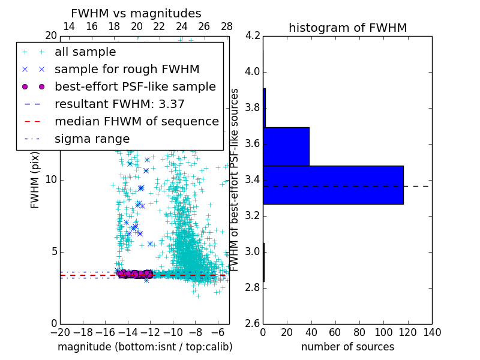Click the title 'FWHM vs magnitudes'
(136, 13)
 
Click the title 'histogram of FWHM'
(347, 28)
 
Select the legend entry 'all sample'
(85, 52)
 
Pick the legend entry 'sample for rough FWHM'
(127, 69)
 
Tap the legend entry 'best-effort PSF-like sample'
(135, 86)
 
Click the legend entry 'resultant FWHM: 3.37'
(119, 104)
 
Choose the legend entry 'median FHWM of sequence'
(136, 121)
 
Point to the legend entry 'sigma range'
(92, 139)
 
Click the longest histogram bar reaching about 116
(333, 185)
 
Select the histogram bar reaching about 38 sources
(286, 146)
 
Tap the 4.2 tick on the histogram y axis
(252, 36)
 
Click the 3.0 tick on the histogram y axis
(252, 251)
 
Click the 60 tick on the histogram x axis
(335, 332)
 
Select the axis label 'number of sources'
(347, 347)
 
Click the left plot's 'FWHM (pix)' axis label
(35, 180)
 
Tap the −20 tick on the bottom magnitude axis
(60, 332)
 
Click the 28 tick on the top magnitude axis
(227, 26)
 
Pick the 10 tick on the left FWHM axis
(50, 179)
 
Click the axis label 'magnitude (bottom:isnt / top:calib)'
(145, 347)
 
